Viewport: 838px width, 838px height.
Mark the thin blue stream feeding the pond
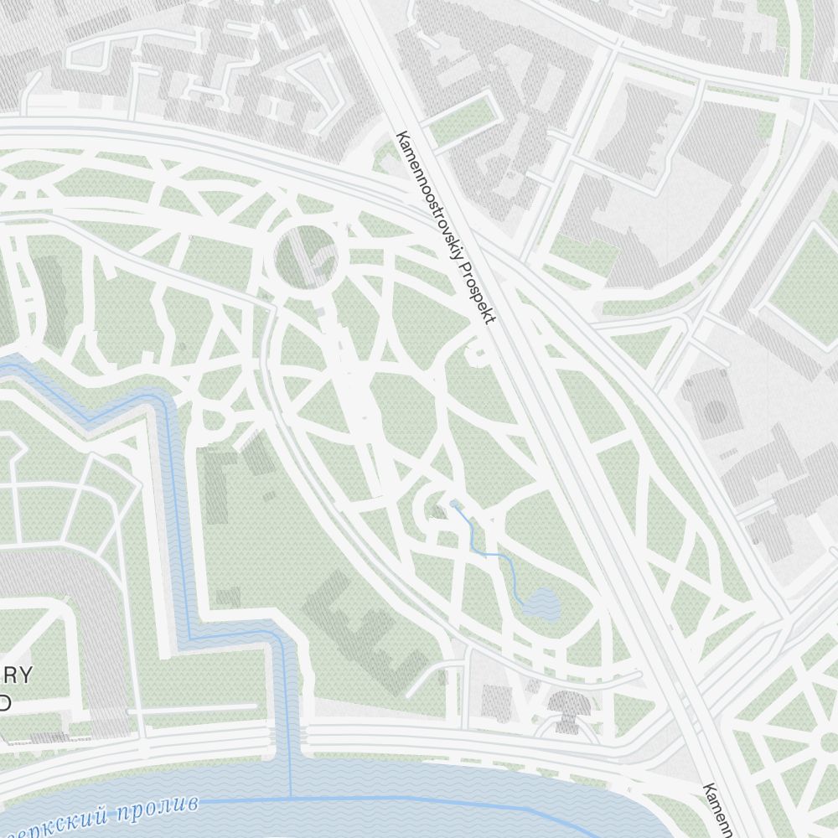pos(494,554)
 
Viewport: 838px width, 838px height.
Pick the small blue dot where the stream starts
pos(453,503)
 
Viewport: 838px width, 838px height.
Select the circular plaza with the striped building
pos(305,257)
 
